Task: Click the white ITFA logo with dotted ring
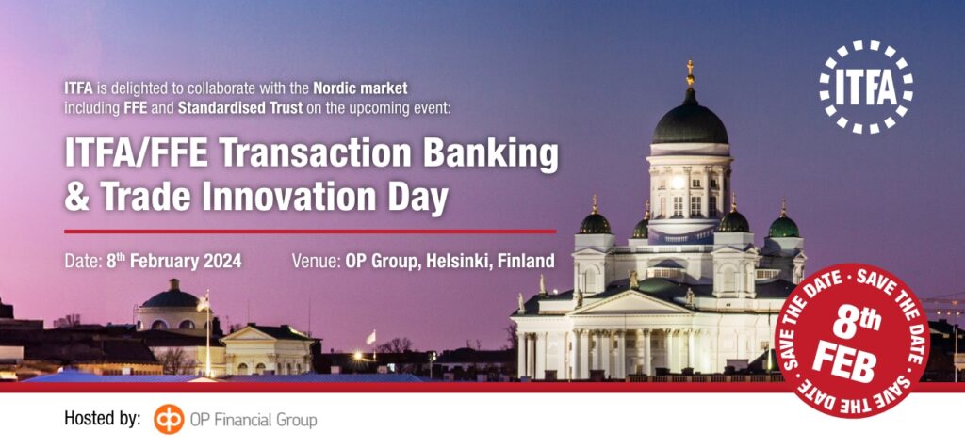pyautogui.click(x=867, y=88)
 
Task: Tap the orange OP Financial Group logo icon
pyautogui.click(x=169, y=420)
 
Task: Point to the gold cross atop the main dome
pyautogui.click(x=690, y=72)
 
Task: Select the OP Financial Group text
pyautogui.click(x=254, y=421)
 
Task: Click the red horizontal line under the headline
pyautogui.click(x=310, y=232)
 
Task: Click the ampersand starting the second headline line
pyautogui.click(x=77, y=198)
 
